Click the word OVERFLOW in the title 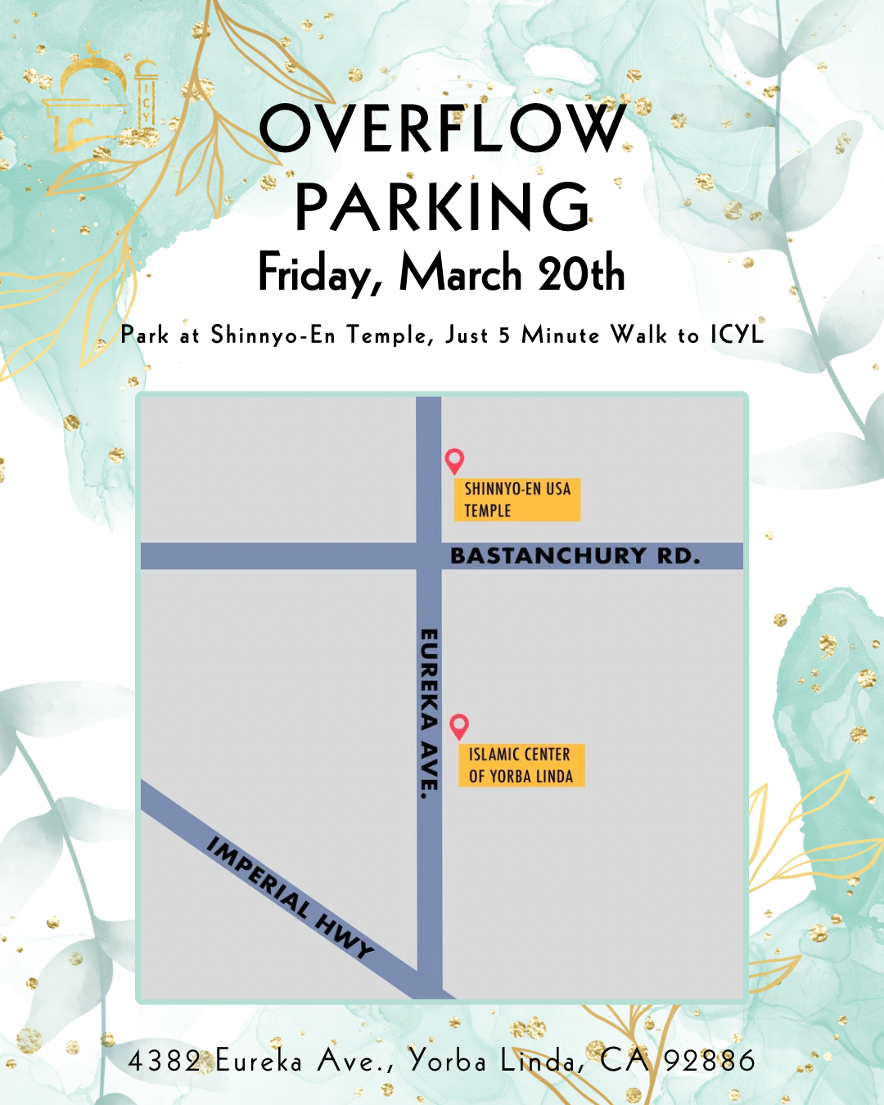coord(442,129)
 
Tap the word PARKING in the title coord(442,207)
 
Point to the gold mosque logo coord(98,102)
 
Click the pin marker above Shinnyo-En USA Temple coord(454,460)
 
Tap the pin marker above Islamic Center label coord(459,725)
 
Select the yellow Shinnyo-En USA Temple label coord(517,499)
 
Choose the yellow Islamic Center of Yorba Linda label coord(521,765)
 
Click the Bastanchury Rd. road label coord(575,556)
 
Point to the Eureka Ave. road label coord(429,713)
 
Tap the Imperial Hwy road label coord(291,896)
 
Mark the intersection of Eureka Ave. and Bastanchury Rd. coord(429,556)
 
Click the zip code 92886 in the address coord(709,1061)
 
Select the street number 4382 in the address coord(165,1061)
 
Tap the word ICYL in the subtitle coord(737,335)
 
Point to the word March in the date coord(460,273)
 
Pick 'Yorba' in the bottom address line coord(448,1061)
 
